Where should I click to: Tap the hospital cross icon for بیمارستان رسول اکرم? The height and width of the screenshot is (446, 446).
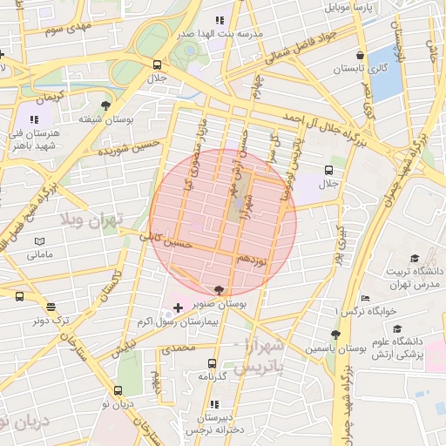coord(179,308)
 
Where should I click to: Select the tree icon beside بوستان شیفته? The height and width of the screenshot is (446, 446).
coord(106,104)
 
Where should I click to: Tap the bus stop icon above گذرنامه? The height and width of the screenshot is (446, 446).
coord(211,363)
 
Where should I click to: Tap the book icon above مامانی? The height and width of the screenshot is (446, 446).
coord(39,241)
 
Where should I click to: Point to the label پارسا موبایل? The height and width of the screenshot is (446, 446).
coord(349,7)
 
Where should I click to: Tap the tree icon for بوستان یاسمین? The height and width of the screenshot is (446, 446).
coord(335,334)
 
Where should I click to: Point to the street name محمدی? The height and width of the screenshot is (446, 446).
coord(177,348)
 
